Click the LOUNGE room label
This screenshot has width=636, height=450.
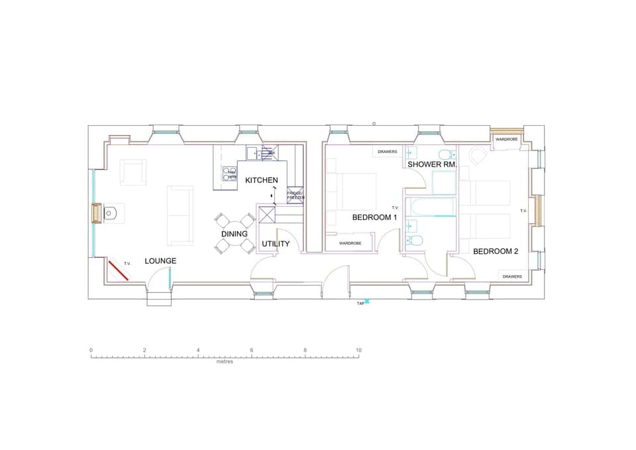tap(160, 261)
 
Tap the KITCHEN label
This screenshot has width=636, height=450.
tap(262, 180)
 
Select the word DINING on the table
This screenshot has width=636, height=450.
tap(235, 234)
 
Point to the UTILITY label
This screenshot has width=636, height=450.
tap(276, 244)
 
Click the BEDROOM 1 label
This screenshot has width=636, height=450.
tap(374, 217)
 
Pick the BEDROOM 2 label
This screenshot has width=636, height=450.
tap(496, 251)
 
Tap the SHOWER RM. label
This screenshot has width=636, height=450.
tap(433, 164)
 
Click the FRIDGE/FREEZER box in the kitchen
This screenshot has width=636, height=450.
tap(295, 196)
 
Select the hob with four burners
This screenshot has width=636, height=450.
tap(230, 174)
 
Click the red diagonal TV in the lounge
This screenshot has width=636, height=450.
tap(119, 271)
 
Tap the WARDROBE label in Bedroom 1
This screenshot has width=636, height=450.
tap(350, 243)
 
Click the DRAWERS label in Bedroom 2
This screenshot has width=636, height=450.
tap(512, 276)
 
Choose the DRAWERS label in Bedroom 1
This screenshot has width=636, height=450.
tap(388, 152)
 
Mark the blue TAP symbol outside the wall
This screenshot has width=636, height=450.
tap(367, 302)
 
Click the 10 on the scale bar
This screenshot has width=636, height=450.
tap(358, 350)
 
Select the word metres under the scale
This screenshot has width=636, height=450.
tap(225, 362)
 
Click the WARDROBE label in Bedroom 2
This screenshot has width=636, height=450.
tap(507, 139)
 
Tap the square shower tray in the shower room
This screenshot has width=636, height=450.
tap(444, 182)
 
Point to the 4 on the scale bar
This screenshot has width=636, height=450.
tap(198, 350)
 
